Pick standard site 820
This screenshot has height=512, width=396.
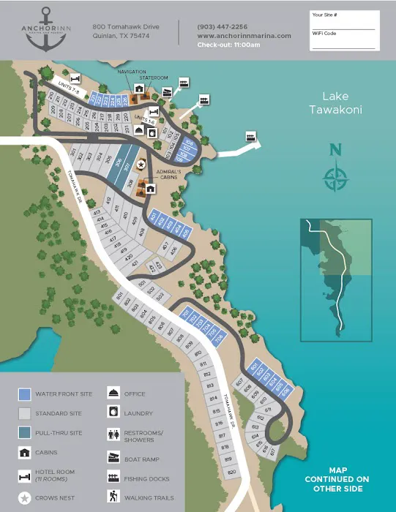(231, 472)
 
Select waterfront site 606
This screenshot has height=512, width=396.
(285, 390)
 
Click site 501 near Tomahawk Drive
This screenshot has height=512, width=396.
(142, 283)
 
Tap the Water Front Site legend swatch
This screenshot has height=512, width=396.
(24, 394)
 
